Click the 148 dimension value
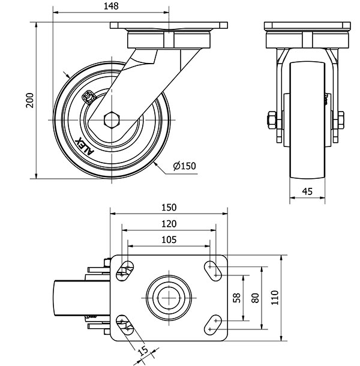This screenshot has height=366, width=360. pyautogui.click(x=111, y=6)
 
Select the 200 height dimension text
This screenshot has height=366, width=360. pyautogui.click(x=29, y=100)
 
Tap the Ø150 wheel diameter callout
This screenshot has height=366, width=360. pyautogui.click(x=184, y=166)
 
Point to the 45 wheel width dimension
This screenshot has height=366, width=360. pyautogui.click(x=307, y=191)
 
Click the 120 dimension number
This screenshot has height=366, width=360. pyautogui.click(x=169, y=224)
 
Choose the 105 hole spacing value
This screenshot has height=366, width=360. pyautogui.click(x=169, y=240)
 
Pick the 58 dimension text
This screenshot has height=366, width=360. pyautogui.click(x=237, y=298)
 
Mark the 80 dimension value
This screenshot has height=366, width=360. pyautogui.click(x=256, y=298)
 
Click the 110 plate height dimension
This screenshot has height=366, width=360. pyautogui.click(x=275, y=298)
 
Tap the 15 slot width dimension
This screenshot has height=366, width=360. pyautogui.click(x=143, y=351)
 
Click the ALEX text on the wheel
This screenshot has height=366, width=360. pyautogui.click(x=85, y=146)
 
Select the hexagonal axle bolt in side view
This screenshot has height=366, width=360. pyautogui.click(x=112, y=120)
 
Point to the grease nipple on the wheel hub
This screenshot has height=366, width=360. pyautogui.click(x=88, y=97)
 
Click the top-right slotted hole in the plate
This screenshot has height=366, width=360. pyautogui.click(x=212, y=271)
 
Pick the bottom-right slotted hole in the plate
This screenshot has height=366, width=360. pyautogui.click(x=212, y=325)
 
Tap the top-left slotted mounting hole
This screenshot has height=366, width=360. pyautogui.click(x=125, y=271)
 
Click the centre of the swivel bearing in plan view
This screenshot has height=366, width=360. pyautogui.click(x=169, y=298)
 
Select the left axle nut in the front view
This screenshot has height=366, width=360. pyautogui.click(x=271, y=120)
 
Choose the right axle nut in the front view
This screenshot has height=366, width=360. pyautogui.click(x=341, y=120)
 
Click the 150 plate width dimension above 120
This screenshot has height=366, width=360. pyautogui.click(x=169, y=208)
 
